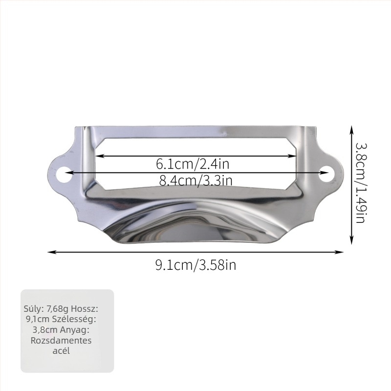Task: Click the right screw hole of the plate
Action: (326, 174)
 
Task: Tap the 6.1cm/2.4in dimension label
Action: (193, 164)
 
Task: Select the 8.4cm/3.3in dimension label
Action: (196, 180)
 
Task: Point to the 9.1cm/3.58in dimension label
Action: (196, 265)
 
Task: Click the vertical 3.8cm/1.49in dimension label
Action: (360, 183)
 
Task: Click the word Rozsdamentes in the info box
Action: (61, 340)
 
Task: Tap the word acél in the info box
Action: (61, 351)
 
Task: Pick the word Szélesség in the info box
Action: (74, 319)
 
